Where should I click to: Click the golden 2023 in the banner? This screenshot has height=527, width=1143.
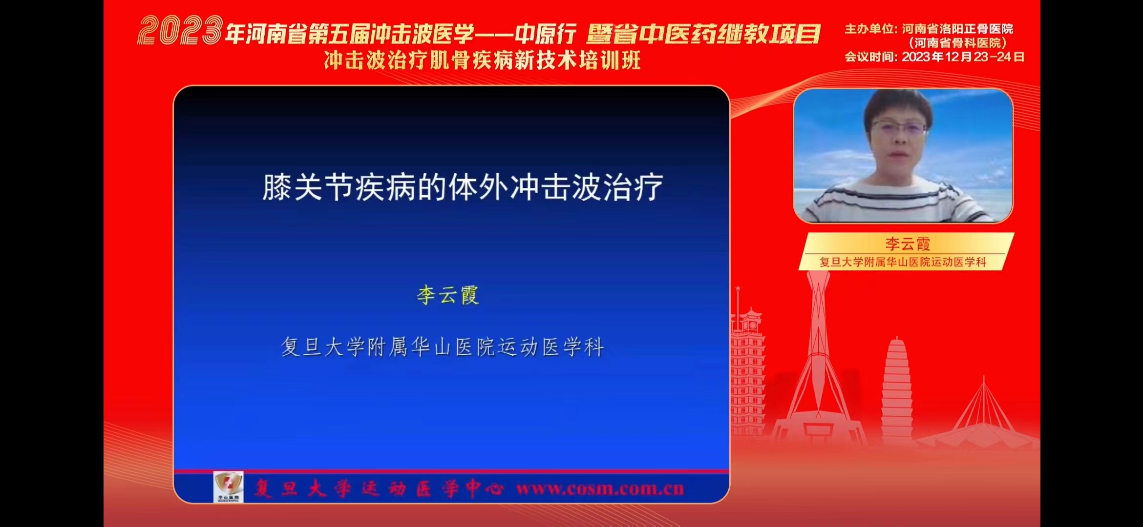pyautogui.click(x=180, y=30)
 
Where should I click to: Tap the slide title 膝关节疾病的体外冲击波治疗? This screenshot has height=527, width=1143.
pyautogui.click(x=463, y=187)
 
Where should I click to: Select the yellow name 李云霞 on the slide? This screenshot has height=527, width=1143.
pyautogui.click(x=448, y=295)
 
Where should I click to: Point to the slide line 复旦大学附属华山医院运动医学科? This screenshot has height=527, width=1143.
pyautogui.click(x=443, y=347)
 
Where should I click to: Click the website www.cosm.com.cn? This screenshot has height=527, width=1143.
pyautogui.click(x=600, y=489)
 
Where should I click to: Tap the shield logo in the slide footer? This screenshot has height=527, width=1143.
pyautogui.click(x=228, y=486)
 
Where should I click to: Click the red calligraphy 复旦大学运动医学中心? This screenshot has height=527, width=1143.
pyautogui.click(x=379, y=488)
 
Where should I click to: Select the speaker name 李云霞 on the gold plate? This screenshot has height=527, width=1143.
pyautogui.click(x=908, y=243)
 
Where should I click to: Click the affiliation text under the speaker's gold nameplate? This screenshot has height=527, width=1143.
pyautogui.click(x=903, y=262)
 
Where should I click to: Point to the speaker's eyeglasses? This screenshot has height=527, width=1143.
pyautogui.click(x=899, y=128)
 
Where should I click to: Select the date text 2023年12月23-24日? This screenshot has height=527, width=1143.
pyautogui.click(x=963, y=57)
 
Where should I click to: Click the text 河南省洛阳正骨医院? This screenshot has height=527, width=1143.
pyautogui.click(x=957, y=29)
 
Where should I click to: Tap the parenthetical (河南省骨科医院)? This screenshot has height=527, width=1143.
pyautogui.click(x=957, y=43)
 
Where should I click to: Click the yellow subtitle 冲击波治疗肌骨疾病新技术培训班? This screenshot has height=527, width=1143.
pyautogui.click(x=482, y=61)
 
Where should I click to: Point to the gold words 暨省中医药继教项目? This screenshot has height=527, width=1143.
pyautogui.click(x=703, y=34)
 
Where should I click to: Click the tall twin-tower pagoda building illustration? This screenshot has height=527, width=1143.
pyautogui.click(x=747, y=371)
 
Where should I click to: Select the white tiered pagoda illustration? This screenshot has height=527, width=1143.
pyautogui.click(x=896, y=390)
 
